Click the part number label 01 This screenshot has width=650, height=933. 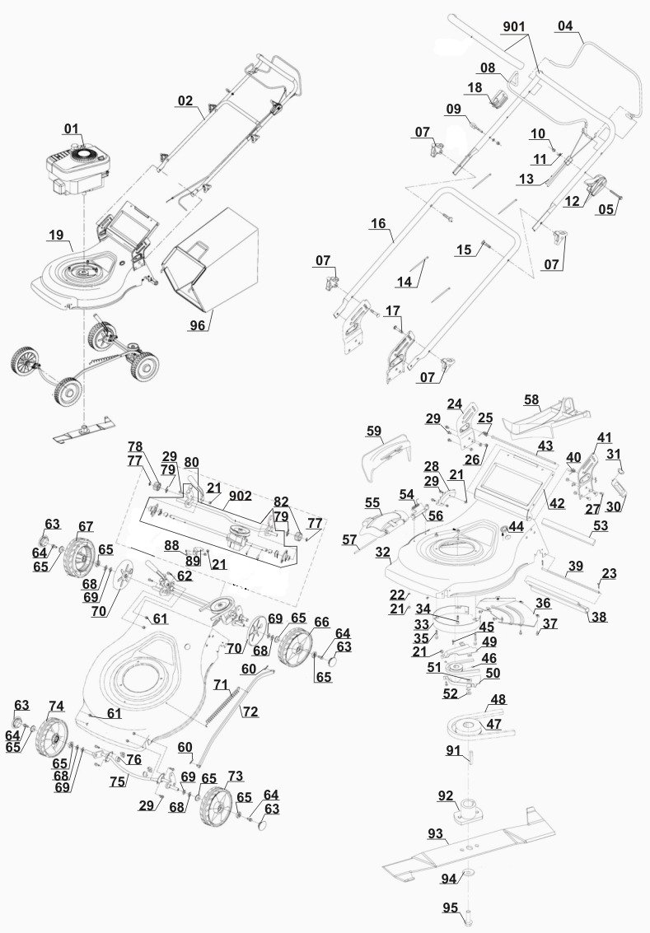coord(72,128)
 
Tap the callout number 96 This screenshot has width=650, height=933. coord(197,325)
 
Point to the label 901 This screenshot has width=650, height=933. coord(513,26)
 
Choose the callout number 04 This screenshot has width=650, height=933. coord(564,26)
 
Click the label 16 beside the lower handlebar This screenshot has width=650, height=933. coord(378,223)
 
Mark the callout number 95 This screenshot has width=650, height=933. coord(449,908)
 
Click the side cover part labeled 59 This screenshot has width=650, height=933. coord(386,450)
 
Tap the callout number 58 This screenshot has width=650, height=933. coord(533,400)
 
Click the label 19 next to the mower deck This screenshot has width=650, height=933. coord(56,236)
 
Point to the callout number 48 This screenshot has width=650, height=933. coord(498,700)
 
